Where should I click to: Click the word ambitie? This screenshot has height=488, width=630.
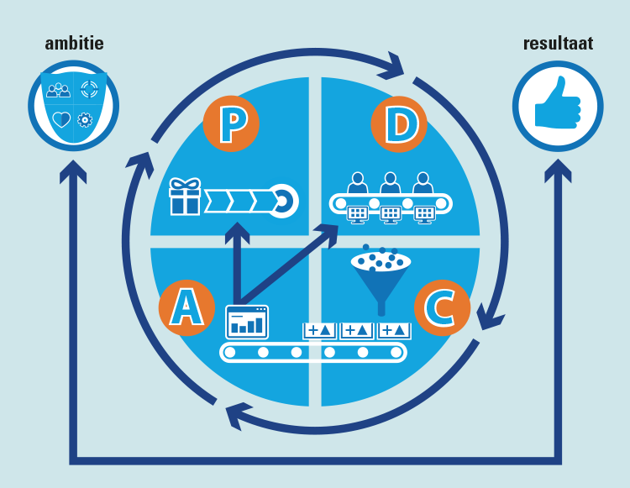(x=74, y=43)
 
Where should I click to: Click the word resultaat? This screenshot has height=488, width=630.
(x=558, y=43)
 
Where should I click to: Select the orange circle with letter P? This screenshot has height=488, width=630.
(x=231, y=124)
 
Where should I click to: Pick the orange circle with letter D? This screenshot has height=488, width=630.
(x=399, y=124)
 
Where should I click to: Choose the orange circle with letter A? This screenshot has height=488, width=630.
(x=186, y=307)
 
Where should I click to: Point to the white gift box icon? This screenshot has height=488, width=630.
(x=185, y=197)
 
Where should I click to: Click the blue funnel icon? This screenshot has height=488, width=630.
(x=381, y=277)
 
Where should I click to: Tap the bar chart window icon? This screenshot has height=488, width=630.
(x=247, y=322)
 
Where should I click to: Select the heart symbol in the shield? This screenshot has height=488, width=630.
(x=60, y=120)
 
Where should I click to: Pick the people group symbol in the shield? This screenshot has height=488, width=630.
(x=59, y=90)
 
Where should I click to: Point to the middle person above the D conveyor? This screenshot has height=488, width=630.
(x=390, y=184)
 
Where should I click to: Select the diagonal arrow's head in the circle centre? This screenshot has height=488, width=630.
(x=329, y=232)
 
